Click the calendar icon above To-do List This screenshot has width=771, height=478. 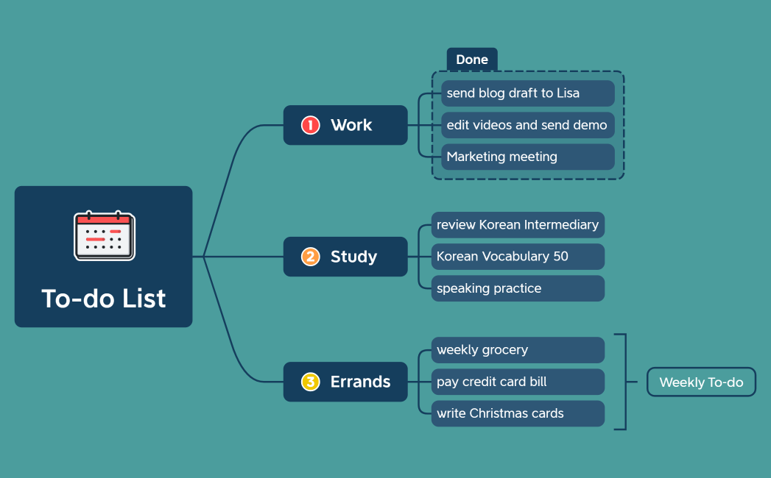click(x=105, y=235)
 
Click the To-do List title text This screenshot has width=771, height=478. click(x=104, y=299)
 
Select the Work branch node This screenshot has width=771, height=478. click(x=345, y=125)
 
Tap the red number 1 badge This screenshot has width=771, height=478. click(x=310, y=125)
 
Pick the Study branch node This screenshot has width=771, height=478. click(x=345, y=257)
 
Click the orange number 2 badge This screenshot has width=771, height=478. click(x=310, y=257)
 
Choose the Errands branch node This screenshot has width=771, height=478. click(x=345, y=382)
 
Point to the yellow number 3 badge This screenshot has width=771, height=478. click(x=310, y=382)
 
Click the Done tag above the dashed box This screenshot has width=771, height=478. click(x=472, y=60)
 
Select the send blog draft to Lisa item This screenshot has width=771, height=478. click(x=527, y=93)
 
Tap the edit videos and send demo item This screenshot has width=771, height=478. click(x=527, y=125)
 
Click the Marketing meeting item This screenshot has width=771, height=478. click(x=527, y=157)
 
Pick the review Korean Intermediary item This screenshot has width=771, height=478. click(x=518, y=225)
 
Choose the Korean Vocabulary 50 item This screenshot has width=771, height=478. click(x=518, y=257)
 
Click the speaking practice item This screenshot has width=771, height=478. click(x=518, y=288)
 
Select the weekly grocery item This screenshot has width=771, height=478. click(x=518, y=350)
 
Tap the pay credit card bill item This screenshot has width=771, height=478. click(x=518, y=382)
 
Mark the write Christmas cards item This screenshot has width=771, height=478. click(x=518, y=413)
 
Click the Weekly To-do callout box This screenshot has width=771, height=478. click(x=701, y=382)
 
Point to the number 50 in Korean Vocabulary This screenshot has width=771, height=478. click(x=560, y=257)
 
